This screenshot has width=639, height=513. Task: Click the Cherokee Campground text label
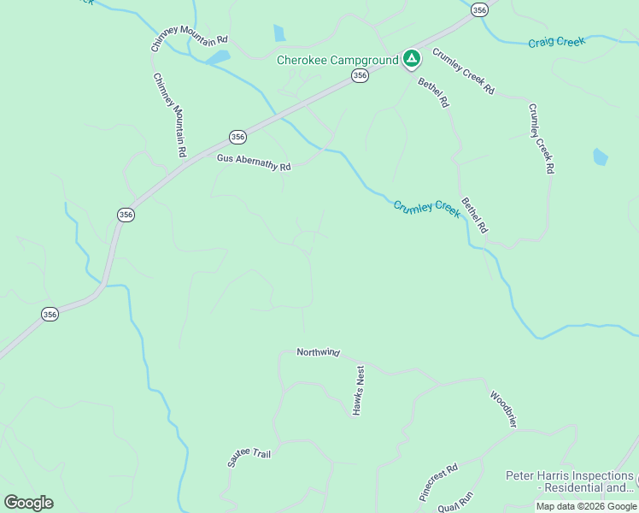tap(337, 60)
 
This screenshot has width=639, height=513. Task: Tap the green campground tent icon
tap(412, 59)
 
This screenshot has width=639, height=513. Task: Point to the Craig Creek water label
tap(556, 42)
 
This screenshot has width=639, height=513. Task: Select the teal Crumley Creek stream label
tap(426, 208)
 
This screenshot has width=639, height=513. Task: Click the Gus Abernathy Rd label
tap(254, 163)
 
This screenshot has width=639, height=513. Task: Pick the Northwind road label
tap(318, 352)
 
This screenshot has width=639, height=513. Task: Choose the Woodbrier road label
tap(503, 409)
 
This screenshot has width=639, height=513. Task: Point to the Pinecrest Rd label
tap(438, 481)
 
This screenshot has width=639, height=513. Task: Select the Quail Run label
tap(455, 502)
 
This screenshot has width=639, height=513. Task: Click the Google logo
tap(28, 502)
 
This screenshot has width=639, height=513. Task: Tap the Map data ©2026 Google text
tap(586, 506)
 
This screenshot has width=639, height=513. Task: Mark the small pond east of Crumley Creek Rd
tap(600, 156)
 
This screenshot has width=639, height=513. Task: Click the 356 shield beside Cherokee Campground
tap(360, 76)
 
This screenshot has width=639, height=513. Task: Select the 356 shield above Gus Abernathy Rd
tap(237, 137)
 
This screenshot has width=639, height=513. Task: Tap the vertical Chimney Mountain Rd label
tap(169, 115)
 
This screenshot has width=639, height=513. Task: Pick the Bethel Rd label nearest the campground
tap(433, 92)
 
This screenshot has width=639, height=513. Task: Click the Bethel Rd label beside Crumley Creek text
tap(474, 215)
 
